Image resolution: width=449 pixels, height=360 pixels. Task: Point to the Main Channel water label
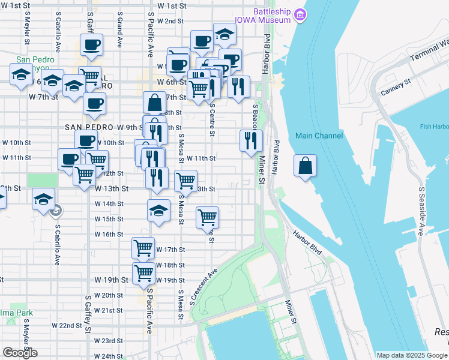(319, 136)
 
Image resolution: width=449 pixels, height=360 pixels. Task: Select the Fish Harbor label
(434, 126)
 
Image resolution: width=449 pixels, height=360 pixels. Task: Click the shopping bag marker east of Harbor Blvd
(305, 164)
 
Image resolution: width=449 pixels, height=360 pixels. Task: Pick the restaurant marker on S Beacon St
(250, 140)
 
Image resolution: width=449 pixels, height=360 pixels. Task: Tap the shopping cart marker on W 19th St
(143, 273)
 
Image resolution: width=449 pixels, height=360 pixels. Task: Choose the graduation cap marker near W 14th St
(158, 211)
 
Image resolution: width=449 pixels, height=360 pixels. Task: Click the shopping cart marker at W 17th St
(143, 247)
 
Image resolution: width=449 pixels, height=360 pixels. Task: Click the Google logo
(20, 353)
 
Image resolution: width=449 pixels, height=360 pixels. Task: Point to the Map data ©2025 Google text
(411, 355)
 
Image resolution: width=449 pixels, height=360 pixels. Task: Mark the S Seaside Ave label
(421, 210)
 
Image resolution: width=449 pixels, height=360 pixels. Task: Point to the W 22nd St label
(66, 326)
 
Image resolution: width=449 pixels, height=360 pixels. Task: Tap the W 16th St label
(109, 235)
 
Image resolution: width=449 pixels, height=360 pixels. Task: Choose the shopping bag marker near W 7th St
(154, 103)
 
